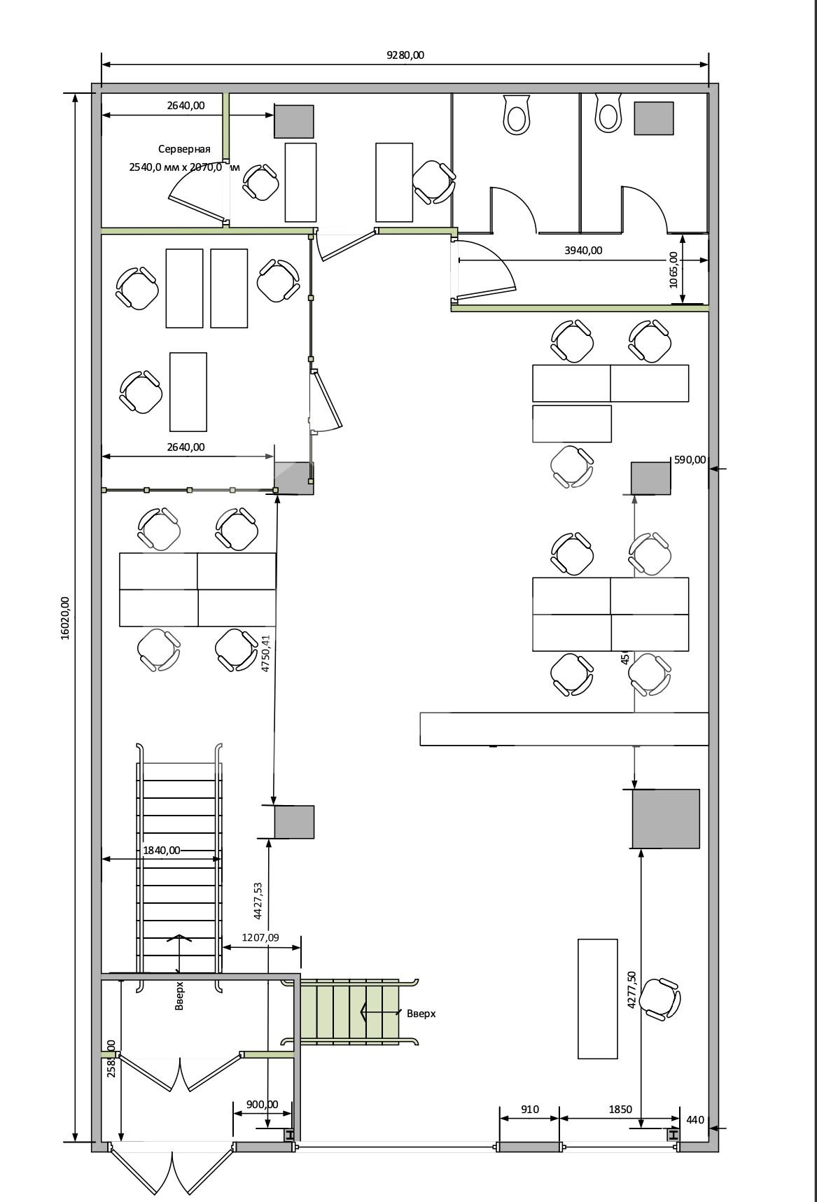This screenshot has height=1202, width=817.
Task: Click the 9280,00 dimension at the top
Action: [x=405, y=55]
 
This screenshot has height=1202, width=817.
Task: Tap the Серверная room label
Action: [x=184, y=149]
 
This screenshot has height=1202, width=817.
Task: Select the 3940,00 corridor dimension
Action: [x=583, y=250]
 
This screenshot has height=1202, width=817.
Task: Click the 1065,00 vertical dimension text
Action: [x=673, y=270]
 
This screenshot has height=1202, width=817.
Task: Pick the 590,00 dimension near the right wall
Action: [x=690, y=460]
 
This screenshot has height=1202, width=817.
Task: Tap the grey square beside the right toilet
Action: [x=654, y=118]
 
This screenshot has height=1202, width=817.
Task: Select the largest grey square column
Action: [x=666, y=819]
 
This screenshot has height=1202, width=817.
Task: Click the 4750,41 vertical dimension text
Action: [x=265, y=654]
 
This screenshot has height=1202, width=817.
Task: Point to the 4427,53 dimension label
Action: [x=258, y=900]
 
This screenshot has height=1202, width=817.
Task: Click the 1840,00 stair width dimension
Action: [x=161, y=850]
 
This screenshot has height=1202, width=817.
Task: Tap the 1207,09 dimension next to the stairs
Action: [x=260, y=937]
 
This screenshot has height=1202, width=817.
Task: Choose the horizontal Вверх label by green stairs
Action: [x=421, y=1013]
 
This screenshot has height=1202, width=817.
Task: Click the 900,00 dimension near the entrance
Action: [x=262, y=1104]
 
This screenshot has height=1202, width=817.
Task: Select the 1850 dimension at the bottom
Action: [x=620, y=1109]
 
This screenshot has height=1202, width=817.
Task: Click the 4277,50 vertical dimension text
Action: [x=631, y=989]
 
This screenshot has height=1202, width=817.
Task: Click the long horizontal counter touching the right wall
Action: [x=564, y=729]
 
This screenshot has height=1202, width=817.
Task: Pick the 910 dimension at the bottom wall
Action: [x=529, y=1109]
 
